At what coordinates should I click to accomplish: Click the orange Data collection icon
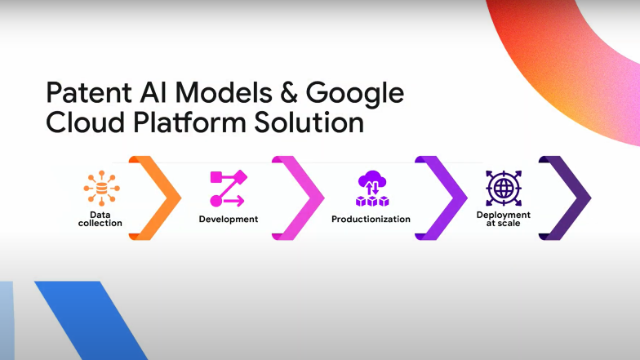tap(101, 189)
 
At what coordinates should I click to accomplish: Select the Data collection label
tap(100, 219)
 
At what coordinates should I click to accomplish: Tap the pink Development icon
tap(228, 189)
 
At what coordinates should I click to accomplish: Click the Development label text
tap(229, 219)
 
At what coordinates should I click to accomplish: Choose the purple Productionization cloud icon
tap(372, 189)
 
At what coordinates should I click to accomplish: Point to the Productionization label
tap(371, 219)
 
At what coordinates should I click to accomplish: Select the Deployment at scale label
tap(503, 219)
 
